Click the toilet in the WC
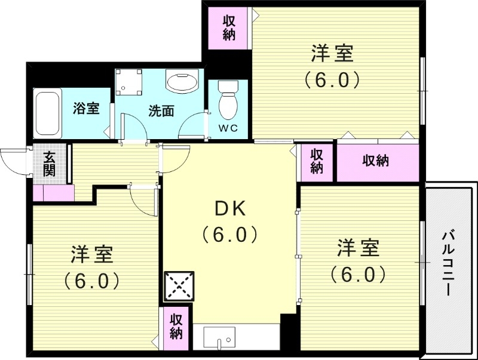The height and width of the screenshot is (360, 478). tap(228, 100)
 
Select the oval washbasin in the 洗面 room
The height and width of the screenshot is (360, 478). tap(182, 81)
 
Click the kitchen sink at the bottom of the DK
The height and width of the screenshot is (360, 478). tap(219, 338)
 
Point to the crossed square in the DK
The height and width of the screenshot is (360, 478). tap(179, 286)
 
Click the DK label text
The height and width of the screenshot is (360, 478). tap(230, 209)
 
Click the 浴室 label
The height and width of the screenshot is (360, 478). tap(86, 108)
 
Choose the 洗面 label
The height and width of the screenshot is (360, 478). tap(161, 111)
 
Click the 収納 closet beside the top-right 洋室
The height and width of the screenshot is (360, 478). tap(229, 28)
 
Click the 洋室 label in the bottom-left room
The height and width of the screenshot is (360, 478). tap(92, 254)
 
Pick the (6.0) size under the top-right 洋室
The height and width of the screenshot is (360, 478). tap(332, 80)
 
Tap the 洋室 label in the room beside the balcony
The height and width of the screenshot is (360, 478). tap(358, 248)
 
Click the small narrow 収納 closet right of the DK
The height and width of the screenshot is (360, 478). tap(317, 162)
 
